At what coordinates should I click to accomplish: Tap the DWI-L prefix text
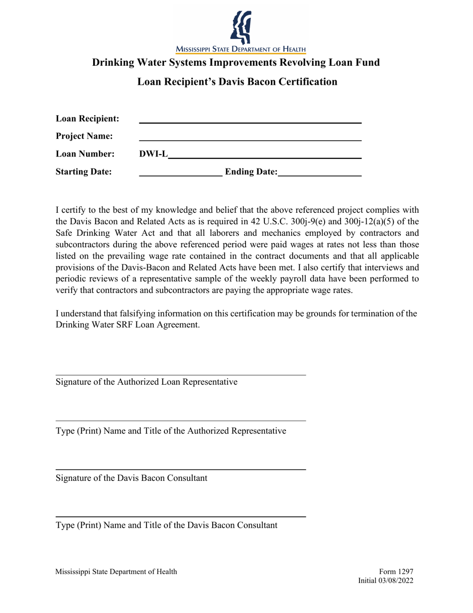[x=153, y=154]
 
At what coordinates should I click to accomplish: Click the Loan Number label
[x=85, y=154]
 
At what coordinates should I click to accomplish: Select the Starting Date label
[x=84, y=172]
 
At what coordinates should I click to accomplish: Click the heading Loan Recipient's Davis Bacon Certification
[x=237, y=81]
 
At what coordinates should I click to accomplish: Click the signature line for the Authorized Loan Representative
[x=180, y=375]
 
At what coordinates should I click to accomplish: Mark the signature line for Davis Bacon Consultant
[x=180, y=469]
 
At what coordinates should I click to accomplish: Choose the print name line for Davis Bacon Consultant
[x=180, y=517]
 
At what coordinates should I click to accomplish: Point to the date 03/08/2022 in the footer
[x=396, y=581]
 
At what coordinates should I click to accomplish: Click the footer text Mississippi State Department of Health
[x=116, y=572]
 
